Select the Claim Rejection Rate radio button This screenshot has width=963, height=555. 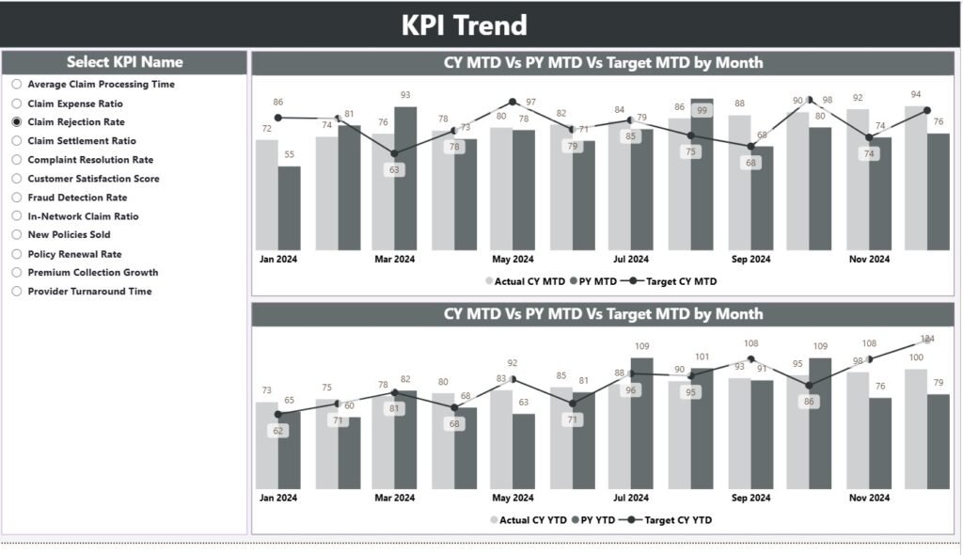[17, 122]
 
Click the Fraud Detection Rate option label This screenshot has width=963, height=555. [77, 198]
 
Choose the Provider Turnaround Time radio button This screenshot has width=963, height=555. [17, 292]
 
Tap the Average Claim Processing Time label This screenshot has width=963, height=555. [101, 85]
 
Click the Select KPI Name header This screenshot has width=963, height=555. [124, 62]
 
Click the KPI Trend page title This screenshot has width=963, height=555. [464, 25]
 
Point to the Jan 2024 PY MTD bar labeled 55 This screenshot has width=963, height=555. [290, 209]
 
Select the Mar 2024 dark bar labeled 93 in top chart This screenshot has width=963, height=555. [405, 179]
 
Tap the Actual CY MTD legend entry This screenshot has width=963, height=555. [526, 280]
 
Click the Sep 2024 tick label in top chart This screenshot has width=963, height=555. [750, 259]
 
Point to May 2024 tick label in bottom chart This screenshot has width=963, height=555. [513, 498]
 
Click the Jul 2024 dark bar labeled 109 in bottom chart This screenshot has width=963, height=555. [642, 423]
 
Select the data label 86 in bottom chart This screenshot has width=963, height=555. [809, 401]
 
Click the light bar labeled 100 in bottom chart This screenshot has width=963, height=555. [916, 428]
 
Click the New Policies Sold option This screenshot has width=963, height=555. [69, 235]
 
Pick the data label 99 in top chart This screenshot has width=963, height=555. [702, 111]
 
